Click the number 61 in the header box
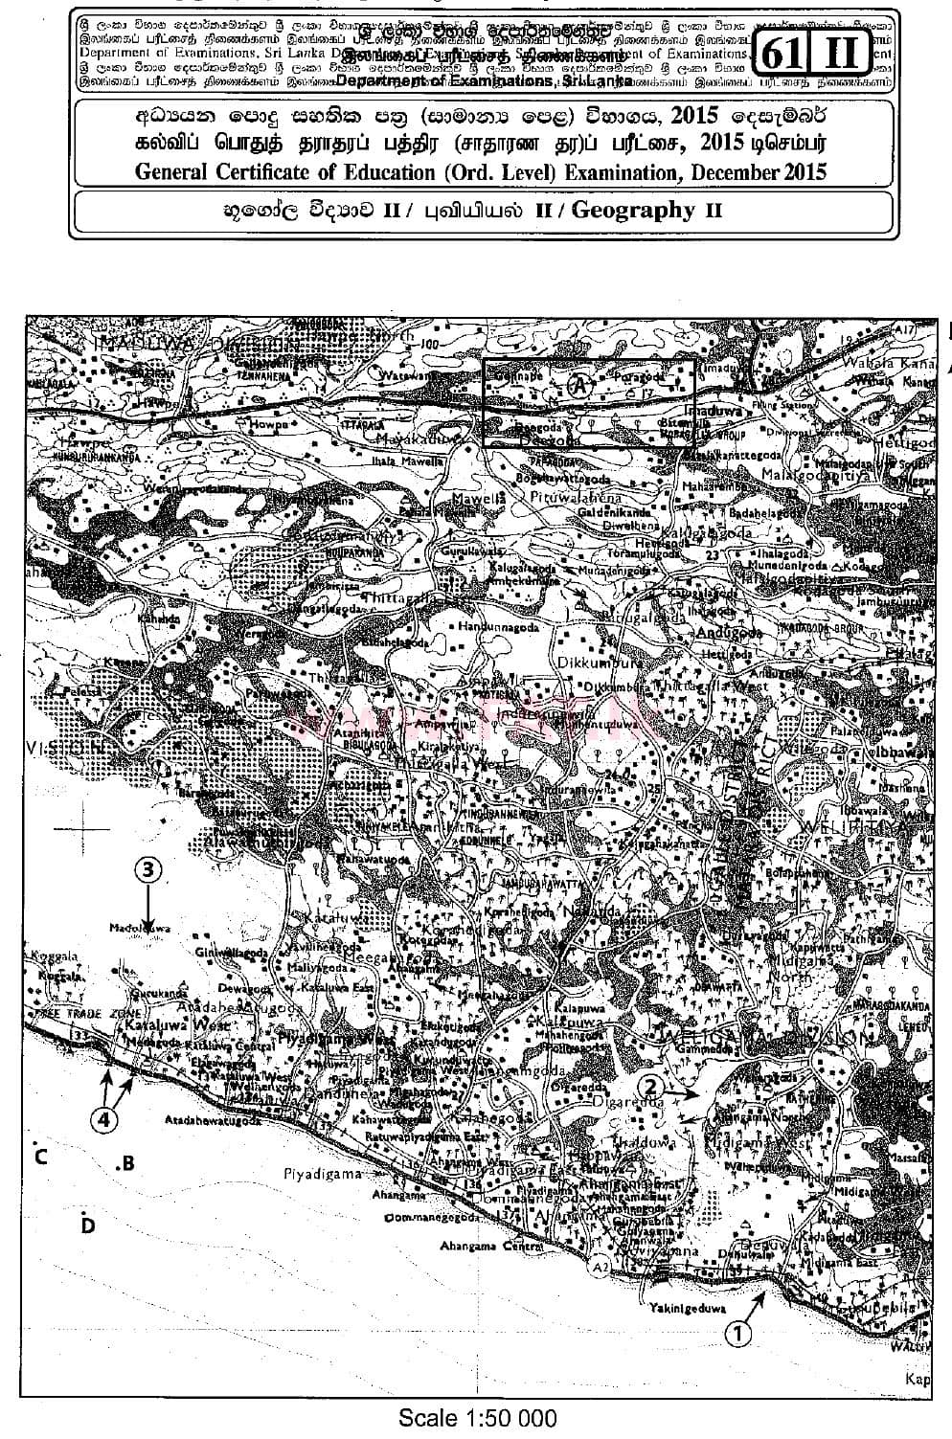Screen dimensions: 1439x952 click(x=783, y=55)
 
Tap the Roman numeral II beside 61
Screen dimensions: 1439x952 click(x=840, y=55)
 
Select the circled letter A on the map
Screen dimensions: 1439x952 click(x=578, y=386)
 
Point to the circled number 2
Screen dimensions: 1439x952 click(x=650, y=1086)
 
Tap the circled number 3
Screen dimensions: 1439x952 click(x=147, y=869)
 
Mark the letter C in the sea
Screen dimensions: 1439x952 click(x=40, y=1157)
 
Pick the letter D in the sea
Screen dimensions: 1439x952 click(x=88, y=1225)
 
